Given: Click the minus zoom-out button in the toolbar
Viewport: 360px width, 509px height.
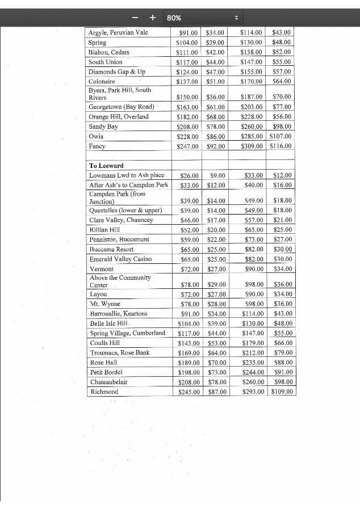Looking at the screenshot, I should pos(135,18).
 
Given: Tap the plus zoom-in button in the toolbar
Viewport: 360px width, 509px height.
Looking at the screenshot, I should pos(153,18).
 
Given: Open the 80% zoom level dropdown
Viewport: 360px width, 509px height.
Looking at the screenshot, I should pos(203,18).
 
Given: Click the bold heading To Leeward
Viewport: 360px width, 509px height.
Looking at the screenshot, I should pos(106,166).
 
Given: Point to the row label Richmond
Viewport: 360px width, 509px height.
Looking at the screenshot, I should pos(104,392).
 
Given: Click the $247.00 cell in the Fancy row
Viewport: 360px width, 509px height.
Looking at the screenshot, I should pos(187,146).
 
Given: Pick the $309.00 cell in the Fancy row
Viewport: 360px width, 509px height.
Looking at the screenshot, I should pos(252,146).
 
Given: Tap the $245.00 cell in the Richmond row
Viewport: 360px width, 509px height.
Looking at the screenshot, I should pos(189,392).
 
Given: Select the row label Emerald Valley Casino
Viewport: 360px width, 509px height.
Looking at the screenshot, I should pos(120,259).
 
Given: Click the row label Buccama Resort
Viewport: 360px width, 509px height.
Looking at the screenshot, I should pos(111,249).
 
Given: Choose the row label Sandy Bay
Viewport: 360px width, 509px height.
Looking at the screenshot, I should pos(103,127).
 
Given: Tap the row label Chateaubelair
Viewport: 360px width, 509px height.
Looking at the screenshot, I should pos(108,382).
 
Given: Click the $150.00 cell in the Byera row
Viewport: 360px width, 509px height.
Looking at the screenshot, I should pos(187,97).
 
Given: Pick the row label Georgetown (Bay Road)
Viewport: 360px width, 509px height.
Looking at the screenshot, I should pos(121,107).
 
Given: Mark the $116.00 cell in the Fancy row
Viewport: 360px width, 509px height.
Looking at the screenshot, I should pos(281,146).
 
